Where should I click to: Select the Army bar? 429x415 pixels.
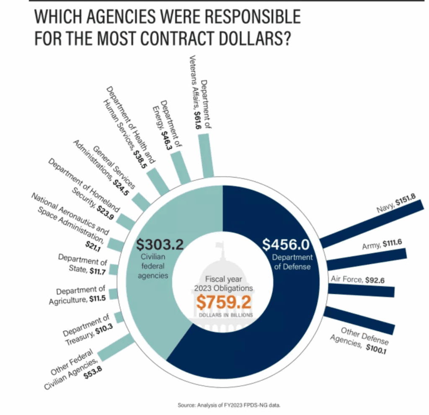coord(367,259)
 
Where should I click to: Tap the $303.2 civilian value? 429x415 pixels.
coord(160,244)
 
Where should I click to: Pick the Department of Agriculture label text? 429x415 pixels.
coord(82,294)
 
